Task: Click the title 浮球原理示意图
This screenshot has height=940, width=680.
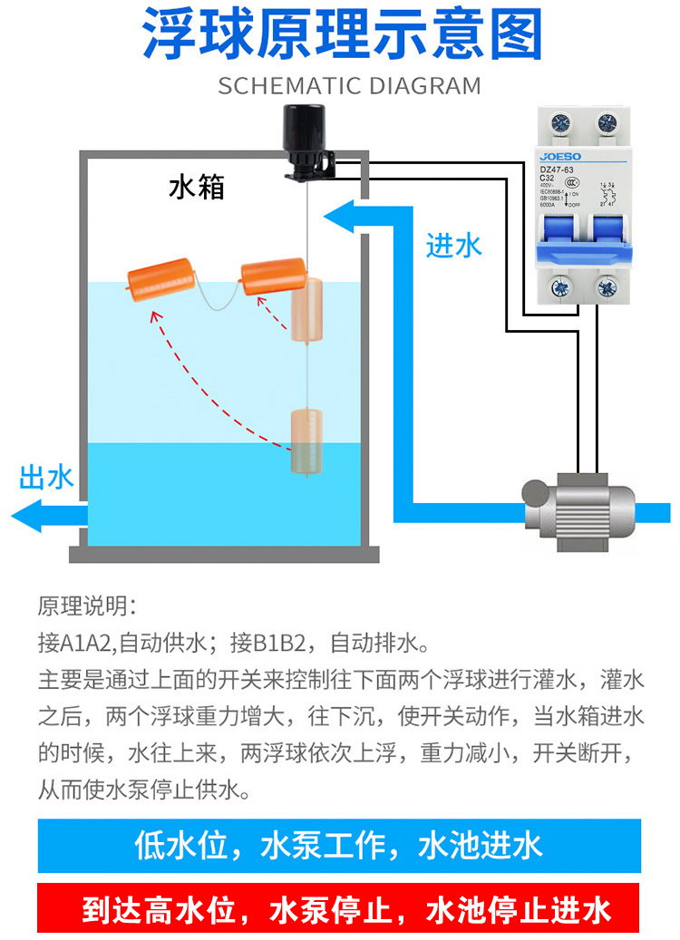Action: [x=343, y=36]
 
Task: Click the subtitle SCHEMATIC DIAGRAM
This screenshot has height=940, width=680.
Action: [x=349, y=86]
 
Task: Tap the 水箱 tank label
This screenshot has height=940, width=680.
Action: [x=197, y=188]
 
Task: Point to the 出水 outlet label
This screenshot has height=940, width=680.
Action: [x=46, y=478]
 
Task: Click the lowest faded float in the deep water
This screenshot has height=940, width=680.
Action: [x=306, y=441]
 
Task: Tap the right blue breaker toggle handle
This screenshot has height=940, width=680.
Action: [x=601, y=240]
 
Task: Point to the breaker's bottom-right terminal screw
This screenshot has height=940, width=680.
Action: [x=603, y=288]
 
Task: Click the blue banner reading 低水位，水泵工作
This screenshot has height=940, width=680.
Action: [x=339, y=846]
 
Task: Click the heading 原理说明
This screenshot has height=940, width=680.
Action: [x=87, y=606]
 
